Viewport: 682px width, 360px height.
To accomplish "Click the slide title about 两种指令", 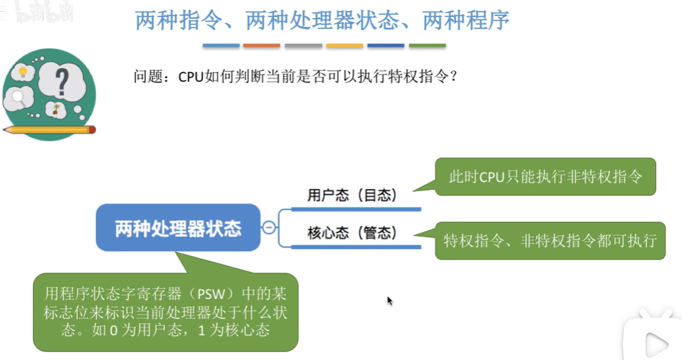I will coord(322,21).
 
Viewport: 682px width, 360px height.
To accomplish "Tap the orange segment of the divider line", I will coord(262,45).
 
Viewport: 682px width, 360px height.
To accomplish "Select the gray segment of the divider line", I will coord(303,45).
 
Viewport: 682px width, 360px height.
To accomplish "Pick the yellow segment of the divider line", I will coord(345,45).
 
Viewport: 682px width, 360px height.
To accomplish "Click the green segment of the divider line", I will coord(427,45).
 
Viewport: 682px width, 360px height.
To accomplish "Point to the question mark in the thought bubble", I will coord(62,82).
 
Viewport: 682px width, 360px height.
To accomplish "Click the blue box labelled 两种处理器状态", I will coord(178,228).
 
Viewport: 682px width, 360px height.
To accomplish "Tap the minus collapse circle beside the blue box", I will coord(268,228).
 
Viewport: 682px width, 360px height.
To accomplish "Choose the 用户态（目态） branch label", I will coord(352,195).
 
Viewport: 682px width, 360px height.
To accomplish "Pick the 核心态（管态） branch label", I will coord(352,233).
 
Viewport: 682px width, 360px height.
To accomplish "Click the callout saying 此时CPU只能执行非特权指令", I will coord(545,176).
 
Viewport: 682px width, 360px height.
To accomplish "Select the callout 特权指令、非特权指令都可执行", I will coord(550,241).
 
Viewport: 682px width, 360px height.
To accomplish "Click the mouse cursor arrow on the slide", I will coord(389,300).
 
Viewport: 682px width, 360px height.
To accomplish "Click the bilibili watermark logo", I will coord(39,12).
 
